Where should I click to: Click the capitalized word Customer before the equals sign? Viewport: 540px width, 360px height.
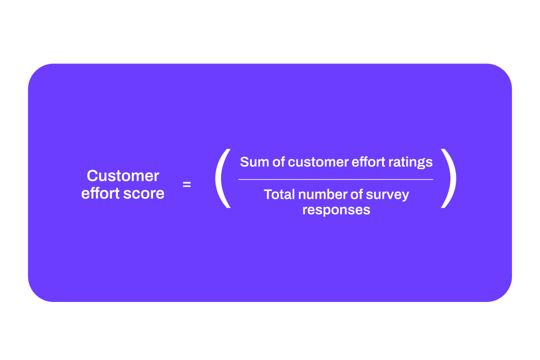point(123,176)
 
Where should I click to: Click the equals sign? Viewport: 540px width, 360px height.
point(187,184)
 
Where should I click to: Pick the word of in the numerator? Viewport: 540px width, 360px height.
point(278,162)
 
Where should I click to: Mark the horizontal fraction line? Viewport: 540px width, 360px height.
point(336,180)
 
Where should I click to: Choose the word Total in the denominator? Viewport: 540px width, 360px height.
point(279,195)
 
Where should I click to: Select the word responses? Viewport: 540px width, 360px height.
point(336,211)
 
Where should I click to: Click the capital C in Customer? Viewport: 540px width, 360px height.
point(92,176)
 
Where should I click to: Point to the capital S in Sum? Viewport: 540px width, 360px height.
point(244,162)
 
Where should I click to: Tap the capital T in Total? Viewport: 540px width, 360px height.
point(268,195)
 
